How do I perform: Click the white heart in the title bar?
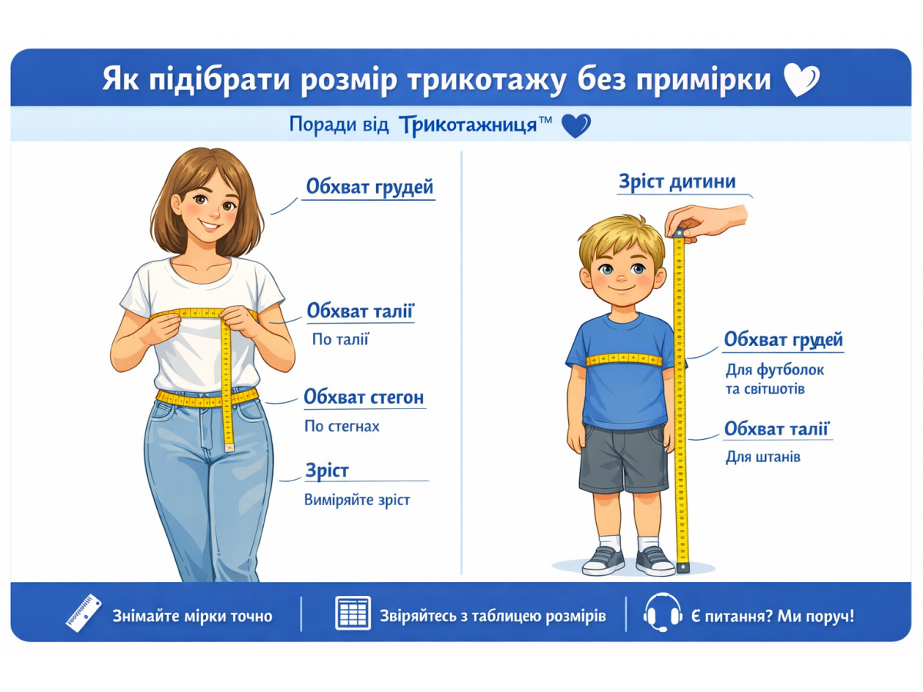(x=801, y=79)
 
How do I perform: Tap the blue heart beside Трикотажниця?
(x=575, y=125)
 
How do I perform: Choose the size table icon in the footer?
(x=353, y=613)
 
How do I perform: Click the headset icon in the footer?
(x=662, y=613)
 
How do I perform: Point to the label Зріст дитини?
(x=677, y=181)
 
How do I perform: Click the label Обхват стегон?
(x=364, y=397)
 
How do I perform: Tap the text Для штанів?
(x=763, y=457)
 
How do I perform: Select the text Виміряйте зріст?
(x=357, y=500)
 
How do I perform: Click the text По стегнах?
(x=342, y=426)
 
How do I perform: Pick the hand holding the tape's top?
(x=705, y=222)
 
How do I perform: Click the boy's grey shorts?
(x=624, y=458)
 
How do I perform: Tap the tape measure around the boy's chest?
(x=624, y=359)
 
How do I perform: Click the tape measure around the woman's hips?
(x=207, y=398)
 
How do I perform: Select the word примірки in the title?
(x=704, y=79)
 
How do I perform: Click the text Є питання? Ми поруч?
(x=772, y=616)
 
